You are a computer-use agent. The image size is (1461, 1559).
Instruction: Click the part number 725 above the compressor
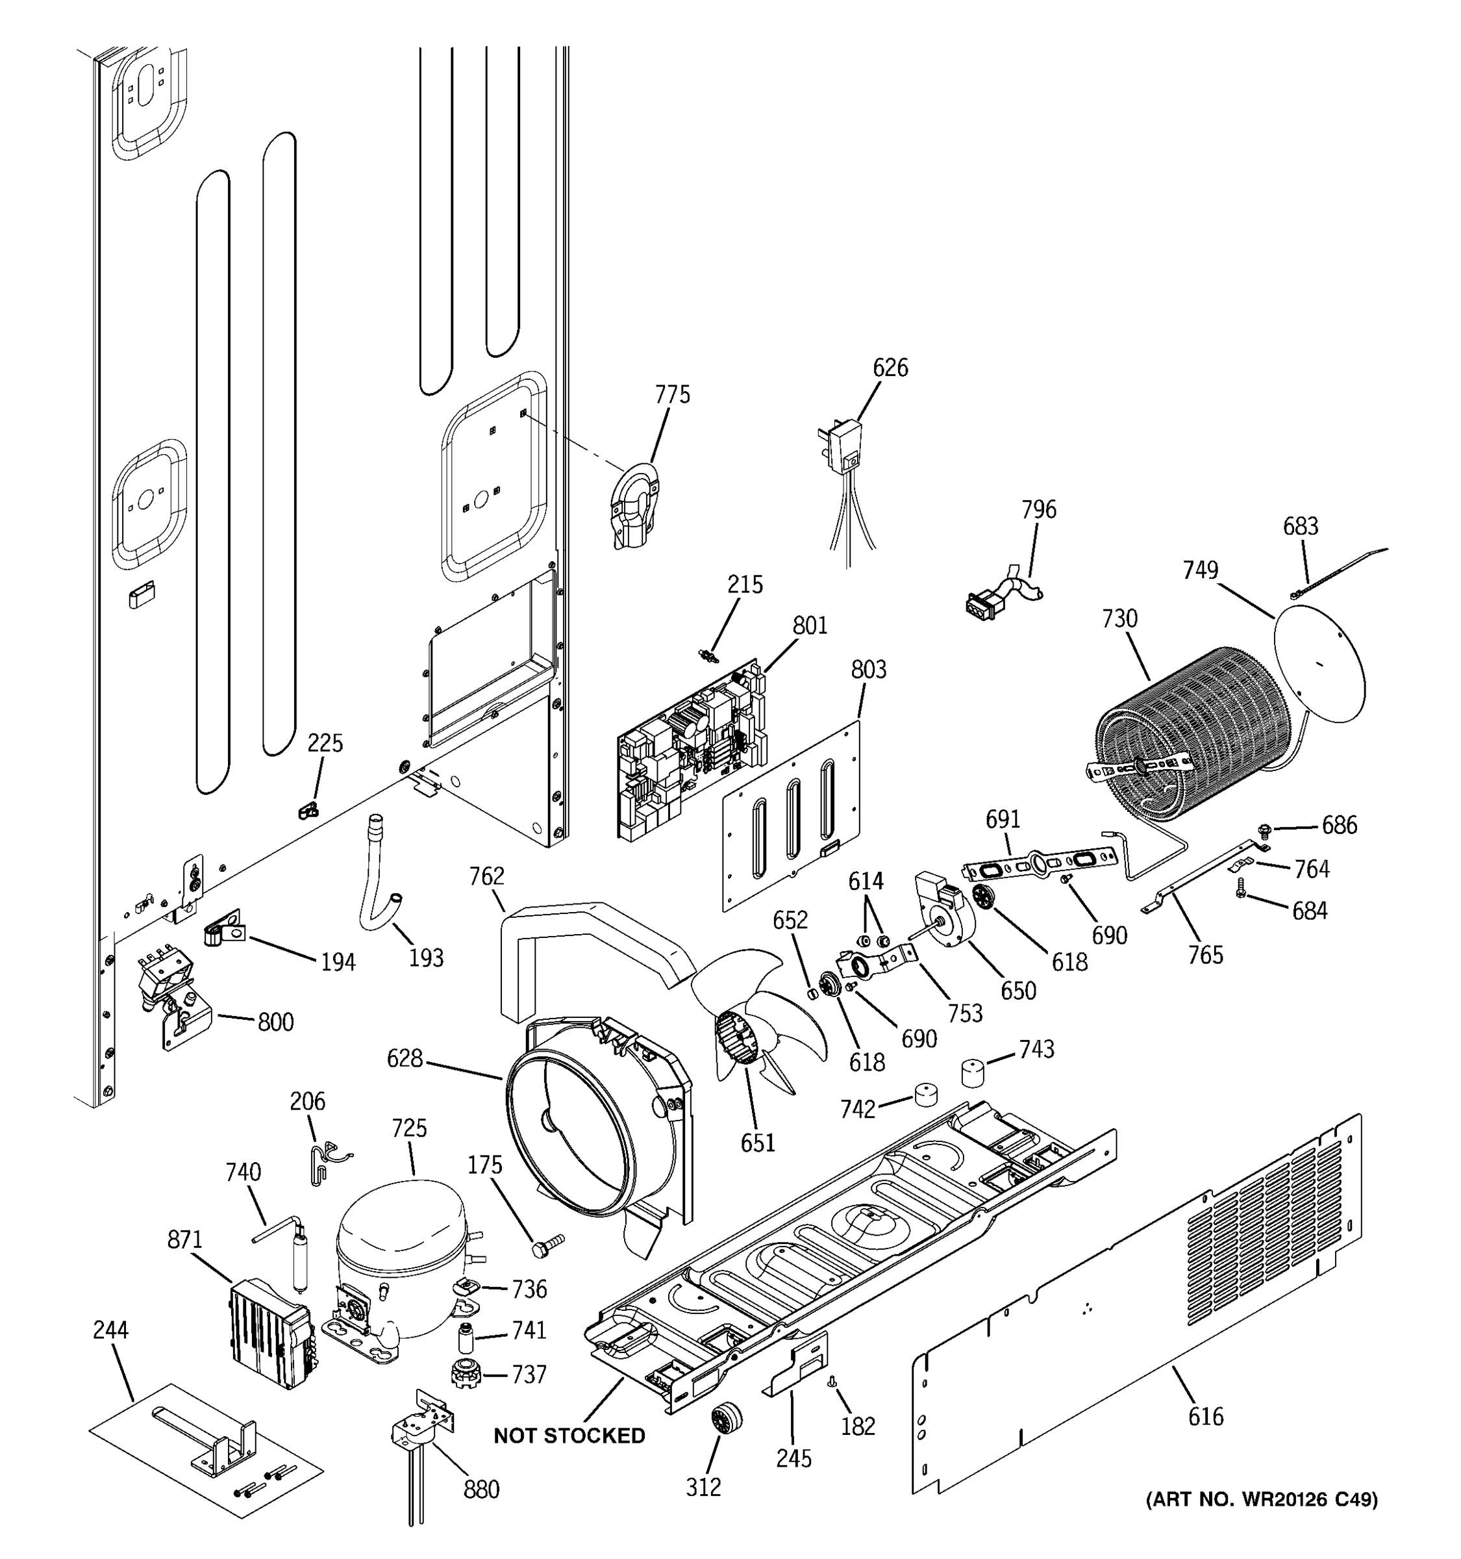pos(408,1128)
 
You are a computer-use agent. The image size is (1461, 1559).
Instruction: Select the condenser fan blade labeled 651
pos(764,1019)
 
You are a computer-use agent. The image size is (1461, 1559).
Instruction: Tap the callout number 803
pos(868,670)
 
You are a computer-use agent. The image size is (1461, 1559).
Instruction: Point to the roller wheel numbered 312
pos(726,1418)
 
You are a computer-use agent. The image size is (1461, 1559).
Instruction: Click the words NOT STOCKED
pos(569,1436)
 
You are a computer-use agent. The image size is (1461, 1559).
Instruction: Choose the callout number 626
pos(890,368)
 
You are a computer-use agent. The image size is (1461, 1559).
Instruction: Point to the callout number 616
pos(1205,1416)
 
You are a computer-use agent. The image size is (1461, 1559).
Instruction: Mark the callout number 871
pos(185,1240)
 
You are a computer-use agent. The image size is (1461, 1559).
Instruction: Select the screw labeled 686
pos(1264,829)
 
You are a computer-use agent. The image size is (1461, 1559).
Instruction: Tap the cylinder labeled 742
pos(926,1095)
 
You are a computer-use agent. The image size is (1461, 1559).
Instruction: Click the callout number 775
pos(673,394)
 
